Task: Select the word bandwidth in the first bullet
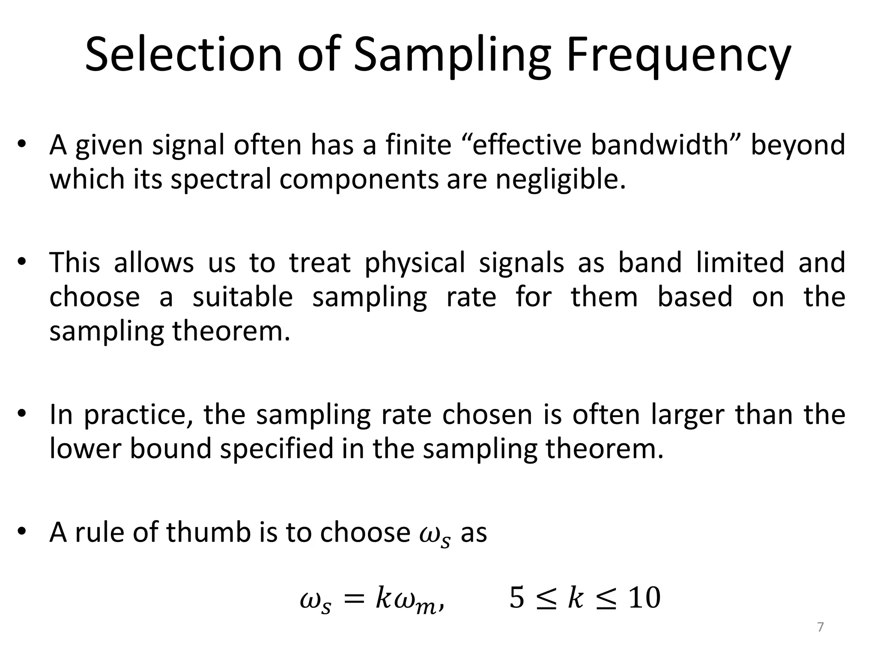660,145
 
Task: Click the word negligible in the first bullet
561,179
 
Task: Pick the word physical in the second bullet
415,262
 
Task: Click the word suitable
242,297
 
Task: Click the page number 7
820,627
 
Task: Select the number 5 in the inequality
516,598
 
